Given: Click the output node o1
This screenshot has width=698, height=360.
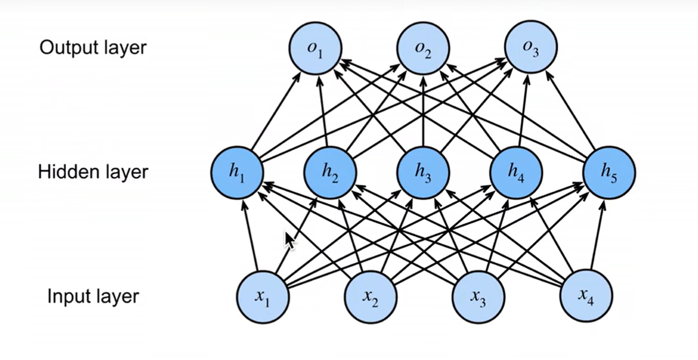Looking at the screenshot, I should click(315, 48).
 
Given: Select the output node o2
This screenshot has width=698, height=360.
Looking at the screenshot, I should click(423, 48).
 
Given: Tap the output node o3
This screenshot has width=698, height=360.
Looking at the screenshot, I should click(530, 48).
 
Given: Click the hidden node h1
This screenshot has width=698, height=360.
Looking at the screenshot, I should click(237, 172).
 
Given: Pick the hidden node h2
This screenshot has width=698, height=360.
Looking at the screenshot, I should click(330, 172).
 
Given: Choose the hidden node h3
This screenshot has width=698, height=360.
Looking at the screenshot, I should click(423, 172).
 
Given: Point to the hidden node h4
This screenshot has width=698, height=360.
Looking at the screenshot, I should click(516, 172).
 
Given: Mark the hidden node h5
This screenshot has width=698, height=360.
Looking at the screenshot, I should click(609, 172).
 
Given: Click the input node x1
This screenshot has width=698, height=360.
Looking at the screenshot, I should click(263, 296).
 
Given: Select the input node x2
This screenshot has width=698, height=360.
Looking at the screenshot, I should click(370, 296).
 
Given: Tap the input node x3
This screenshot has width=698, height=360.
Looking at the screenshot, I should click(478, 296).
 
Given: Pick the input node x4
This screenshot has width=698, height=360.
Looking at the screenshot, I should click(586, 296).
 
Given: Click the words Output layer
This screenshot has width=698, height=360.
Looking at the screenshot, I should click(93, 48).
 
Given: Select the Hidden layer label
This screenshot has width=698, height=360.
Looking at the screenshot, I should click(93, 172).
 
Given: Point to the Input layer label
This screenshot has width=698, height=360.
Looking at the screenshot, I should click(93, 296).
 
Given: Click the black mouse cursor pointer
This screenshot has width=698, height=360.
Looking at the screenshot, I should click(289, 239).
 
